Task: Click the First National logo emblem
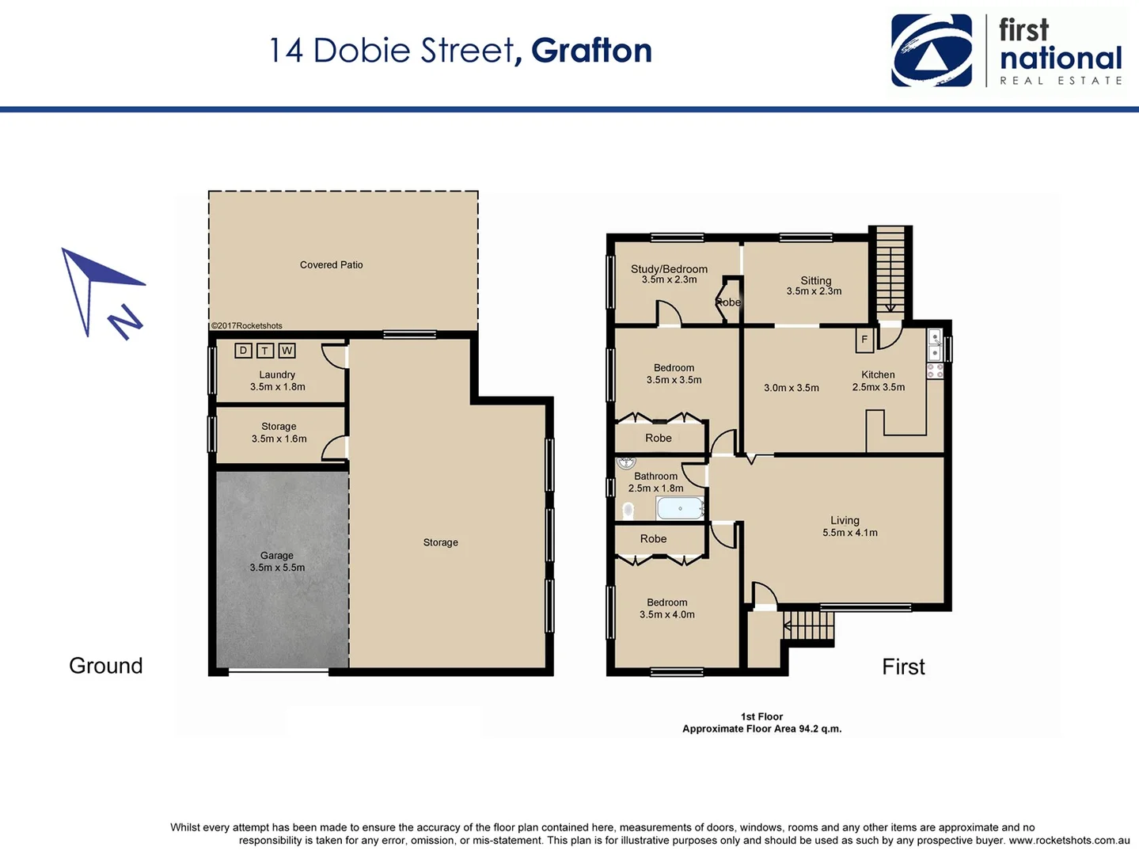click(x=932, y=51)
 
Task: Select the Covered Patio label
click(x=331, y=265)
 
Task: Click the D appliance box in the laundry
click(x=243, y=351)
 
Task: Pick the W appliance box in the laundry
click(x=287, y=351)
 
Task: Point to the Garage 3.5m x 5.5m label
click(x=277, y=561)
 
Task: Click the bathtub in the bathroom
click(x=680, y=508)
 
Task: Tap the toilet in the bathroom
click(x=628, y=511)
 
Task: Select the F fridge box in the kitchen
click(x=864, y=340)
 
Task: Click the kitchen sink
click(x=935, y=346)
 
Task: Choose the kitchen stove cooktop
click(x=935, y=370)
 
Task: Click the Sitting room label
click(x=814, y=286)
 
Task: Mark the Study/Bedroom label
click(x=669, y=274)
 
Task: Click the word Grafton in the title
click(x=591, y=51)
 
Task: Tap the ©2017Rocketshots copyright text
click(x=246, y=326)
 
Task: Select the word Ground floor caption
click(x=106, y=666)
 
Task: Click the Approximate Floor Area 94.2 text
click(x=761, y=729)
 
